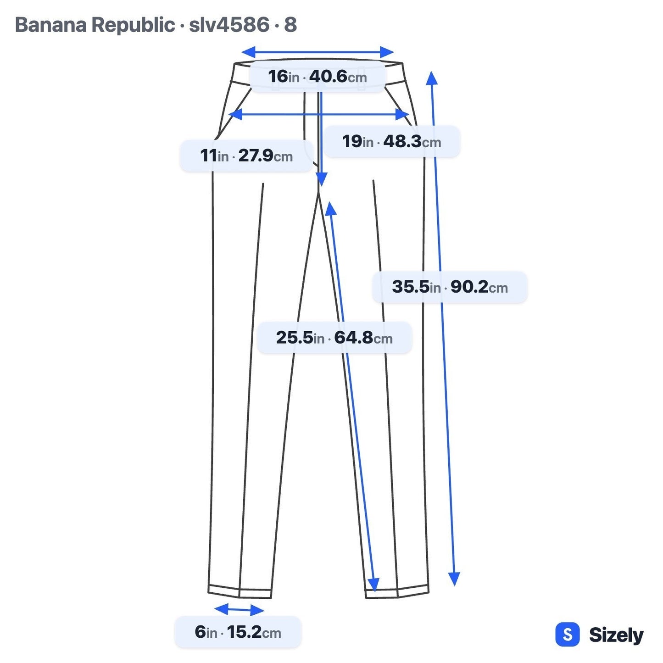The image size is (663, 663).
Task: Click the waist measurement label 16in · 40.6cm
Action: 317,76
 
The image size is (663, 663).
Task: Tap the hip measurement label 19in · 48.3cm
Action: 391,141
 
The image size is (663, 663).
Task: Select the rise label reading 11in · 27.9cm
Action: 247,156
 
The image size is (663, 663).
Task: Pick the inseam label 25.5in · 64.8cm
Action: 334,338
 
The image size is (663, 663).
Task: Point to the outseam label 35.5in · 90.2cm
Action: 450,287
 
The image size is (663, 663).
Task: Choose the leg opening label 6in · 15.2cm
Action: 238,632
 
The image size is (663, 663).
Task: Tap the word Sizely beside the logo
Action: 616,635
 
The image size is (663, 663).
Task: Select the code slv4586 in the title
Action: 229,25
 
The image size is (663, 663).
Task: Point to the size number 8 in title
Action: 290,25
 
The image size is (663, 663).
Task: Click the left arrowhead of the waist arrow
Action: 248,52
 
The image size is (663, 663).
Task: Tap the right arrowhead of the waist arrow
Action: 387,52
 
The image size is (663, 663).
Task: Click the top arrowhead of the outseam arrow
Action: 431,78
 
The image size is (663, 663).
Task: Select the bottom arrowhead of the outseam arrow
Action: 454,579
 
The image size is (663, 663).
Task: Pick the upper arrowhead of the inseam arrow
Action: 330,208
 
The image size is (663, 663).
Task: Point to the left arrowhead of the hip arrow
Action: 235,114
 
